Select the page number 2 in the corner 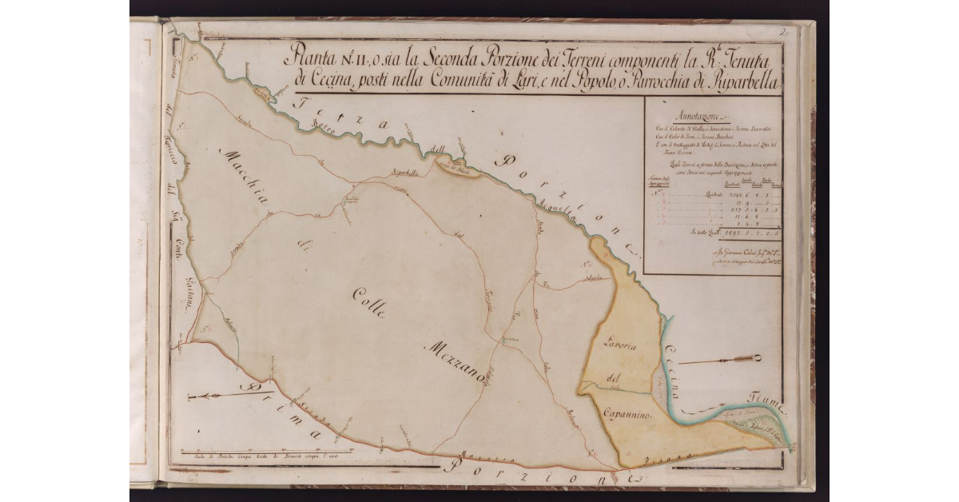point(786,33)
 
